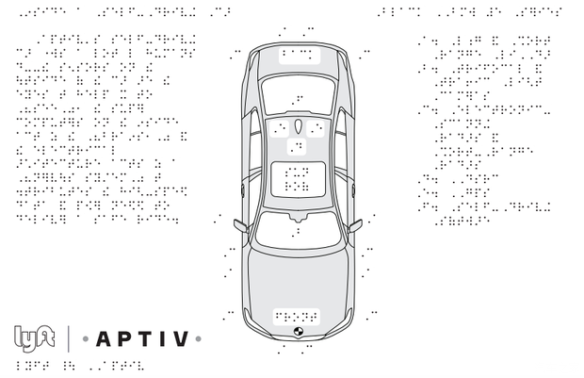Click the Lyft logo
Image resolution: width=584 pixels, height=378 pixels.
pos(35,337)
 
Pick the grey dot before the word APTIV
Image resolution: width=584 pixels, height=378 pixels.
pos(84,337)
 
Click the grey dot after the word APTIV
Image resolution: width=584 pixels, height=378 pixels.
pos(199,337)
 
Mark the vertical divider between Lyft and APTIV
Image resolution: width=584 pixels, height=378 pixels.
pos(68,337)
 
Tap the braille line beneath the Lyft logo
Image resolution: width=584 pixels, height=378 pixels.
pos(79,365)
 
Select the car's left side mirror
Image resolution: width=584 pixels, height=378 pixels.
pos(238,224)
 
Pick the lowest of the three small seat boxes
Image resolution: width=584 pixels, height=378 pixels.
pos(297,147)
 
